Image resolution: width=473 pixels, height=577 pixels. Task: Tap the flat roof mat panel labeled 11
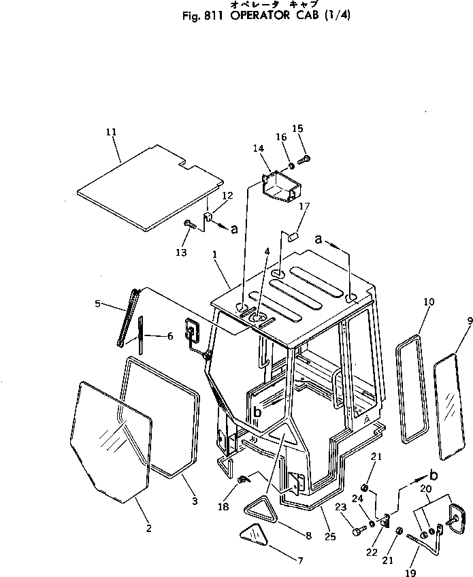click(150, 188)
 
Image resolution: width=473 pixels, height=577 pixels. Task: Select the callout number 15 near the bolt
click(297, 129)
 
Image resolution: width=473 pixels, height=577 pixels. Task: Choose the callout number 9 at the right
click(468, 320)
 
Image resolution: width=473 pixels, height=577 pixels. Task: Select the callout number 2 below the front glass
click(149, 528)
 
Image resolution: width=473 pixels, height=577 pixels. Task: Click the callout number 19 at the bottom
click(410, 574)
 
